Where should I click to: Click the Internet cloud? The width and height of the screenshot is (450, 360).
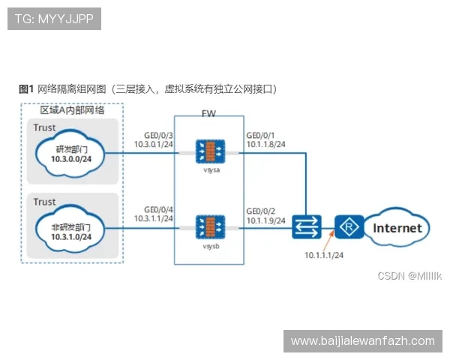[397, 228]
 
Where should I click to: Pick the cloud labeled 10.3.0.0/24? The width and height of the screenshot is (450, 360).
[73, 153]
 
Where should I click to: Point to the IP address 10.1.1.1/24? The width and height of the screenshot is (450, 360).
[324, 256]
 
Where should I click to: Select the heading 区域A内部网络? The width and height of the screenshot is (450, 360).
[71, 109]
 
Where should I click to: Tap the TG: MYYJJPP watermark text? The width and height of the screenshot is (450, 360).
[53, 19]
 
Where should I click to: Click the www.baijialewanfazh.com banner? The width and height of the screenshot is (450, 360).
[362, 341]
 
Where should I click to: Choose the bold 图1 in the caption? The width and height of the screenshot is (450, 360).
[27, 88]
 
